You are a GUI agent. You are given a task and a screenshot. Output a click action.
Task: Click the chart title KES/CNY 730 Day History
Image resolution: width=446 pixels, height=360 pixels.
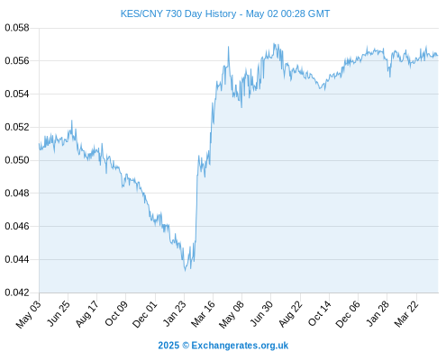click(178, 13)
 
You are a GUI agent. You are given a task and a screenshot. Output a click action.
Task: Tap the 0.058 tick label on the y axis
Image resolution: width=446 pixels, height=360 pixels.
click(17, 28)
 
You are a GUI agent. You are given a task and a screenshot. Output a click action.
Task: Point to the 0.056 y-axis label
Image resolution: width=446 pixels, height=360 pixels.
click(17, 61)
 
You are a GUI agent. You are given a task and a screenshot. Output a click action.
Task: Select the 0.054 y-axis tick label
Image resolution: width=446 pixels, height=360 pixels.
click(17, 94)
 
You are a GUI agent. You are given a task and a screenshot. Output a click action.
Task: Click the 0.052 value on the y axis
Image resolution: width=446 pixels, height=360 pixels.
click(17, 127)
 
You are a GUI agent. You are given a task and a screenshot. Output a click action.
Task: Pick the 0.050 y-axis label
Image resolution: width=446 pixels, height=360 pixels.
click(17, 160)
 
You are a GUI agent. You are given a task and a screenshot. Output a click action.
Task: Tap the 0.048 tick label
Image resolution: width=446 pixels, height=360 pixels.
click(17, 193)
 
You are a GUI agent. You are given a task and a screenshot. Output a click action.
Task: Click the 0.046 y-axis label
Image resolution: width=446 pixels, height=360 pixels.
click(17, 226)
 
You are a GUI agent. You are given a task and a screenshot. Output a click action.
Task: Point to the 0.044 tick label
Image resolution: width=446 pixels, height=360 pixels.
click(17, 259)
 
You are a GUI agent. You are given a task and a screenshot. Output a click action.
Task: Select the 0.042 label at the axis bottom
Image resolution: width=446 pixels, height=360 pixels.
click(17, 292)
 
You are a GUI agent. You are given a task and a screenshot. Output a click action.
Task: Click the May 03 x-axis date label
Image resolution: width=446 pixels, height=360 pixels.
click(29, 314)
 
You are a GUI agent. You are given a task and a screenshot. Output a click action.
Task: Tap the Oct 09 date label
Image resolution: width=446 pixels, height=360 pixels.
click(116, 313)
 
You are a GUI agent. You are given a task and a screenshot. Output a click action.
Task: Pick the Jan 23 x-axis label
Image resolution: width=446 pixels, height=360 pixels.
click(175, 313)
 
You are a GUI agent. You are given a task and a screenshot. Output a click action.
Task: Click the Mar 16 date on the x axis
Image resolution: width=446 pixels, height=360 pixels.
click(204, 314)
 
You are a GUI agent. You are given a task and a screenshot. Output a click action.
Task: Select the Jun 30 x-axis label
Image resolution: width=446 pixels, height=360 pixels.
click(262, 313)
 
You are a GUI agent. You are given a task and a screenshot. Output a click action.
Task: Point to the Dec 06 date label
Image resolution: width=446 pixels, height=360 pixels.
click(348, 314)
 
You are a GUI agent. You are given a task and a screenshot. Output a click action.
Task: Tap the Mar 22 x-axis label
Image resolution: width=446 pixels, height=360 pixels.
click(406, 314)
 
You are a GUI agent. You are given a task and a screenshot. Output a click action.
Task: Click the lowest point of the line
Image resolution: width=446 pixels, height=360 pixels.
click(185, 271)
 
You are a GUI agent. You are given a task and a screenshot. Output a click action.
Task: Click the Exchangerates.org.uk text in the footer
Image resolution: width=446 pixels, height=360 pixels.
click(240, 346)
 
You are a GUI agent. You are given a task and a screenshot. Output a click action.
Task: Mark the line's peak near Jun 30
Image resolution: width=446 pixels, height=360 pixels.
click(274, 44)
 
